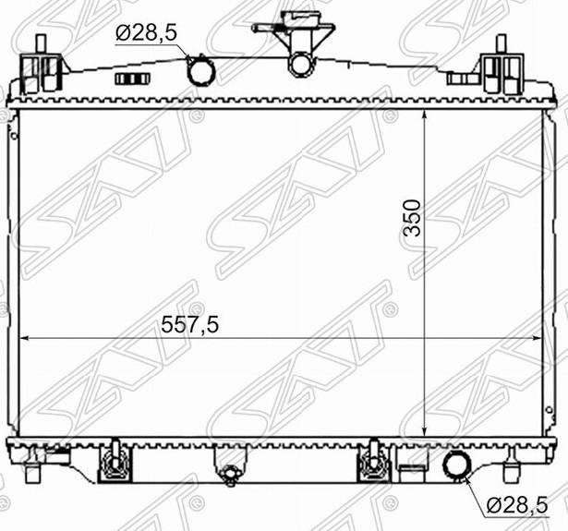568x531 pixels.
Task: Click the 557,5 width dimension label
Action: click(x=190, y=324)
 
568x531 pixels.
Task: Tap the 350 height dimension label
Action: click(x=413, y=218)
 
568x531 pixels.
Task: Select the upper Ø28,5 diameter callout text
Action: click(x=146, y=33)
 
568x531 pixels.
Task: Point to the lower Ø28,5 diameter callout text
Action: click(x=516, y=505)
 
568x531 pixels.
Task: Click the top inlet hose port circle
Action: click(x=201, y=71)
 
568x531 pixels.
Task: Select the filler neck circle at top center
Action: click(x=300, y=64)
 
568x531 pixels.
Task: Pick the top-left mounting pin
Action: click(x=42, y=43)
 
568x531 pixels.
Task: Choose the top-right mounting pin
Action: click(x=501, y=43)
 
